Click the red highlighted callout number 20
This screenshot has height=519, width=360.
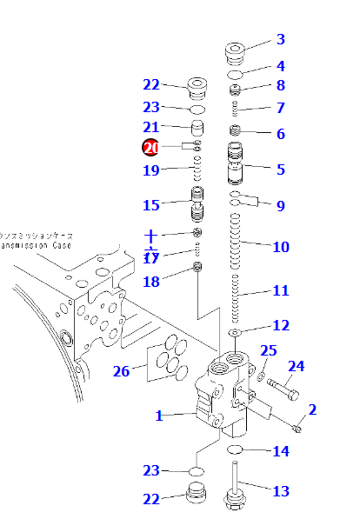[151, 149]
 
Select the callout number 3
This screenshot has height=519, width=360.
[280, 39]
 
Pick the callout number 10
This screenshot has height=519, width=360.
[280, 247]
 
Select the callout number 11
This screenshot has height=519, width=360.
[280, 290]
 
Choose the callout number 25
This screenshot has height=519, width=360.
[269, 350]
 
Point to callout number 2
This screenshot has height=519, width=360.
[312, 409]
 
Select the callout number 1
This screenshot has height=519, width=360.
[159, 416]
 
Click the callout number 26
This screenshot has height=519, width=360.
[121, 372]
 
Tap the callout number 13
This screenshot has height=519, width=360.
[280, 491]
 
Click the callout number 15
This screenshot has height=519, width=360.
[151, 205]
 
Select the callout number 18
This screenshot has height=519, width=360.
[151, 281]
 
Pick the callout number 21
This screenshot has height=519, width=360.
[151, 128]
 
